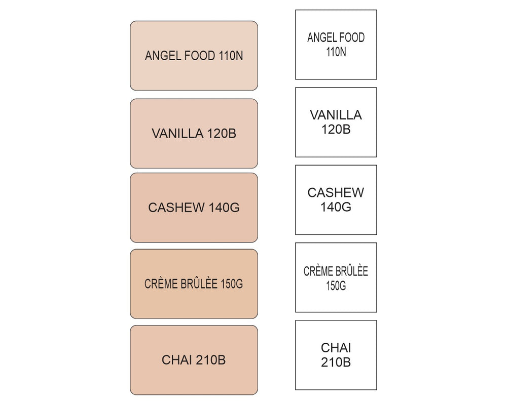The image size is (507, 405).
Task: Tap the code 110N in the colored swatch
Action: click(x=231, y=56)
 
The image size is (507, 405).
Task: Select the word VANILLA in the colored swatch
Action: click(x=177, y=133)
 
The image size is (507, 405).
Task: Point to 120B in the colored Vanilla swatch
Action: click(x=222, y=133)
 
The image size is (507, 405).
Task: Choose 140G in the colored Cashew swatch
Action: click(x=224, y=208)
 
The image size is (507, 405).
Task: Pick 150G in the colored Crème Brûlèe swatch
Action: click(x=232, y=284)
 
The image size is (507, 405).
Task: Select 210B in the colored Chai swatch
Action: click(x=210, y=360)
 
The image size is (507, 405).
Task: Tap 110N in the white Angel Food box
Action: click(x=336, y=52)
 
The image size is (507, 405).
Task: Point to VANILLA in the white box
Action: click(x=336, y=115)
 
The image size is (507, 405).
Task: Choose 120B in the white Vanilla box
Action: click(x=336, y=129)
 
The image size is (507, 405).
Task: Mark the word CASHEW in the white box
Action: click(x=336, y=192)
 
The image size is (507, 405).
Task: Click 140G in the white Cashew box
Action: click(x=336, y=207)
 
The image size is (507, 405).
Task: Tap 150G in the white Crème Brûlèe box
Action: click(x=336, y=286)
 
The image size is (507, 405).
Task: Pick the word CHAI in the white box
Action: click(x=336, y=348)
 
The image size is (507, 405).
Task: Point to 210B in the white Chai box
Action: click(x=336, y=362)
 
